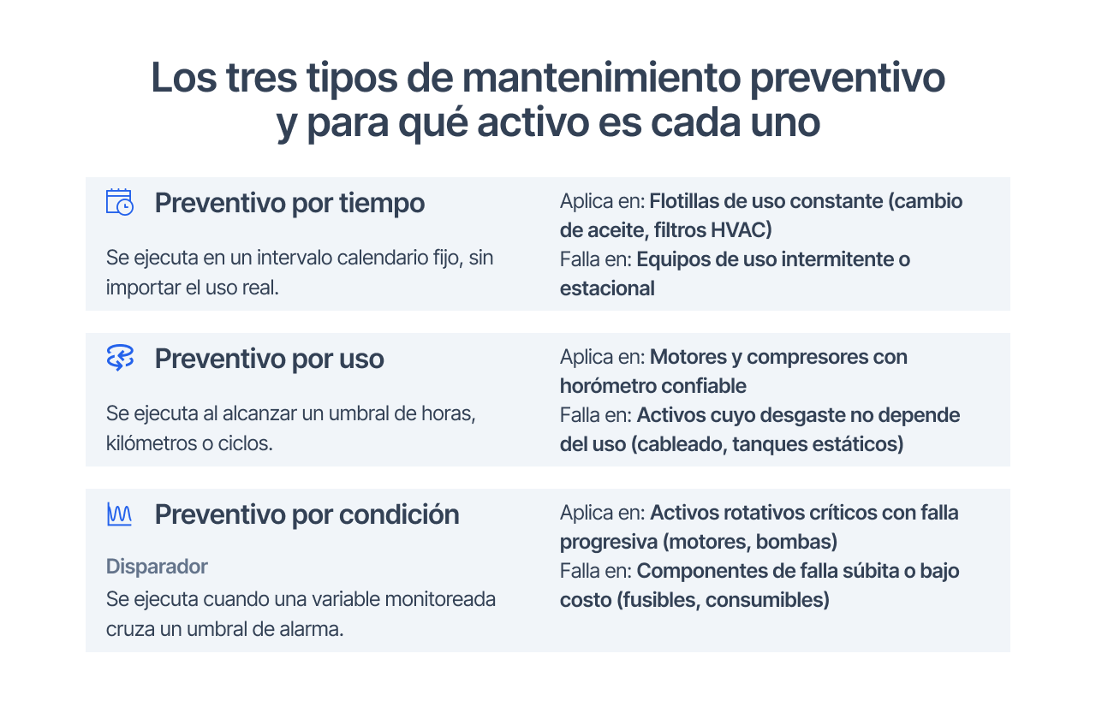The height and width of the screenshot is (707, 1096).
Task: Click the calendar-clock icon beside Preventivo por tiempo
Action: point(120,202)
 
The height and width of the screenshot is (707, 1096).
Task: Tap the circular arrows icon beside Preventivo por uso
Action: point(120,358)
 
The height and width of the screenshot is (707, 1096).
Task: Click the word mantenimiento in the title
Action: point(601,77)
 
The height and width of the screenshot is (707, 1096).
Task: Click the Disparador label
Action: point(157,567)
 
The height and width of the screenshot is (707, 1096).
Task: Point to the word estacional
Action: point(607,288)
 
